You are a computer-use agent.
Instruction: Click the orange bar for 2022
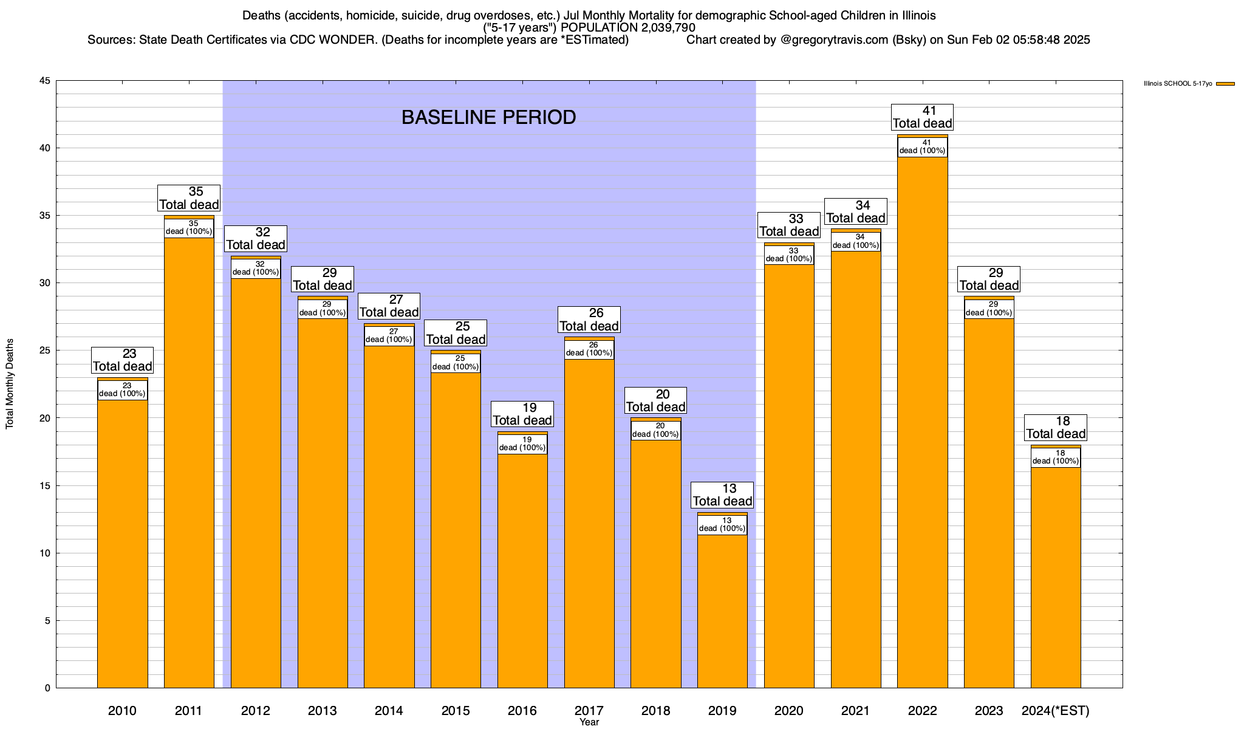click(x=922, y=425)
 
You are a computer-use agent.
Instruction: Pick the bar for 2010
click(x=123, y=547)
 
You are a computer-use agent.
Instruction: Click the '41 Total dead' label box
click(x=922, y=117)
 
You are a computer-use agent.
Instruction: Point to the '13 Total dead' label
click(x=722, y=495)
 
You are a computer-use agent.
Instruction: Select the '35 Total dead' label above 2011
click(x=188, y=198)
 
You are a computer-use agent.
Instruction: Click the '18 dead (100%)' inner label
click(x=1056, y=457)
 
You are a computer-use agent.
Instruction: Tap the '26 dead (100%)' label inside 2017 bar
click(x=589, y=349)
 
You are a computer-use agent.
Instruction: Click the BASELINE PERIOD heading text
click(x=488, y=117)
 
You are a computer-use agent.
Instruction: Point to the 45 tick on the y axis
click(x=44, y=81)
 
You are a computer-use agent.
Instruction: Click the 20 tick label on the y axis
click(x=44, y=418)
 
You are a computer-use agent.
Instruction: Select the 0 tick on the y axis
click(x=47, y=688)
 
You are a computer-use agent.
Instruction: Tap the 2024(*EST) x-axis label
click(x=1056, y=711)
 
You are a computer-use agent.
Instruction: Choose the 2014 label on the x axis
click(x=389, y=711)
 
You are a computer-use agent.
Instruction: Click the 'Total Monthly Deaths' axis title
click(x=10, y=384)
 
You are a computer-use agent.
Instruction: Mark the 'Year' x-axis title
click(x=589, y=722)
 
